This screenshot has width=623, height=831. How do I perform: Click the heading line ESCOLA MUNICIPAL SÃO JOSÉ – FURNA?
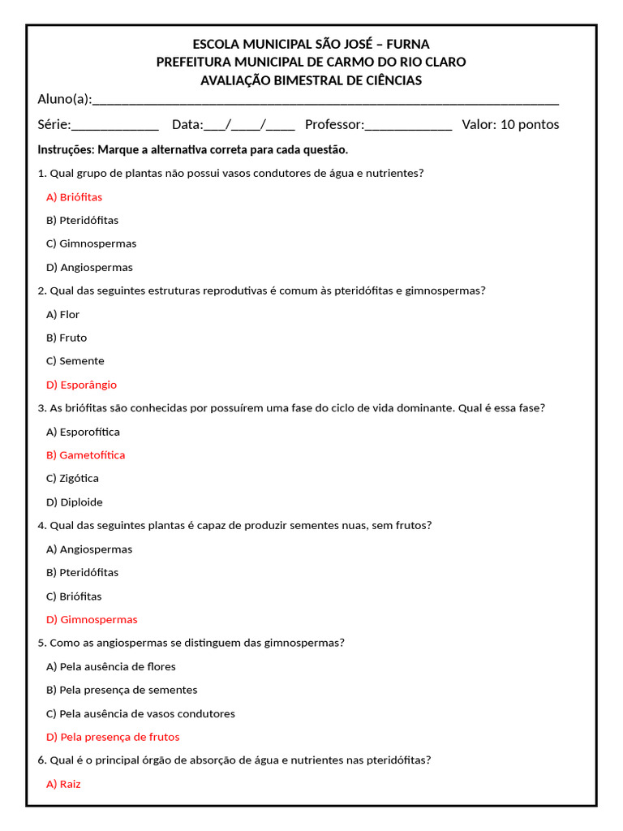tap(311, 44)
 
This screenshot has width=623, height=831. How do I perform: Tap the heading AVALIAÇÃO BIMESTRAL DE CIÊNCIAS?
tap(311, 80)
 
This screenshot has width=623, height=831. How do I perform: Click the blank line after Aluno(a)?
tap(325, 101)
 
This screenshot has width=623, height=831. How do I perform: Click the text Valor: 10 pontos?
tap(510, 125)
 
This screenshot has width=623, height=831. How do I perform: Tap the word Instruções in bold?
tap(66, 150)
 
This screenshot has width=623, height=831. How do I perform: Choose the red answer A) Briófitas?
tap(75, 197)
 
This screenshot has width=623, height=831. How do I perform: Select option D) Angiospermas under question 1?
tap(89, 268)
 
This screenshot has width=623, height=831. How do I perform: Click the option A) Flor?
tap(63, 315)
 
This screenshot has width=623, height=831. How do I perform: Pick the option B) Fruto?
tap(67, 338)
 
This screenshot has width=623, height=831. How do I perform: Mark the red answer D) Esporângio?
tap(82, 385)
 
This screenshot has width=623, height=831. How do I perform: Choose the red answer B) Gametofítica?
tap(86, 455)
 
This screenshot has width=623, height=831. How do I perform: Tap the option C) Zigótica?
tap(73, 479)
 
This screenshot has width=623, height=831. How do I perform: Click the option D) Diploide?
tap(75, 502)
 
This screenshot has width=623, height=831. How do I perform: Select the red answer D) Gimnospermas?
tap(92, 620)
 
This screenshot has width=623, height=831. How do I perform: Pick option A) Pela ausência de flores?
tap(111, 667)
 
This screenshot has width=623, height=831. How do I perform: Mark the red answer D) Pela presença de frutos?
tap(113, 738)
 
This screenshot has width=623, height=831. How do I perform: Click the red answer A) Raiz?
tap(64, 785)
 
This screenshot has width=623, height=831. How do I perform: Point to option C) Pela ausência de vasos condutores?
tap(140, 714)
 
